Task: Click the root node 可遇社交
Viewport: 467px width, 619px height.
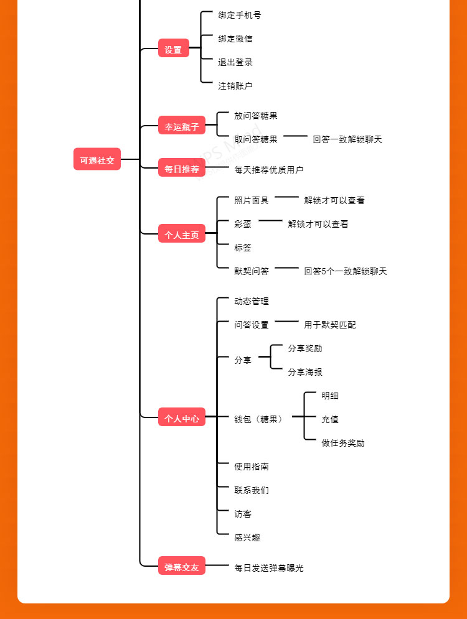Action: pyautogui.click(x=97, y=159)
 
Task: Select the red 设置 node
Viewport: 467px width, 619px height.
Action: pyautogui.click(x=173, y=49)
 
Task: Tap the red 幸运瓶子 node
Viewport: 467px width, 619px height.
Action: pyautogui.click(x=181, y=126)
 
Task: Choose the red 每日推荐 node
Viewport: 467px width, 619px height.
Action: pyautogui.click(x=181, y=168)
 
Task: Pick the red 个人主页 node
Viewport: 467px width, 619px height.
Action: pyautogui.click(x=181, y=234)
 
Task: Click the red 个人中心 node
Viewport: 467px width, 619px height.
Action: pyautogui.click(x=181, y=418)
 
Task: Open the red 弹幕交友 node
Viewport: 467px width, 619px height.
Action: pyautogui.click(x=181, y=566)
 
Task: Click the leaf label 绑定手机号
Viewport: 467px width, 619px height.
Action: pyautogui.click(x=240, y=15)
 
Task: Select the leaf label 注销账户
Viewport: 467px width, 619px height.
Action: pyautogui.click(x=235, y=86)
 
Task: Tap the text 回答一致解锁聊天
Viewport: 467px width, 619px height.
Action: pyautogui.click(x=347, y=139)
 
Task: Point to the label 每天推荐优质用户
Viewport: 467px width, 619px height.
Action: pyautogui.click(x=269, y=169)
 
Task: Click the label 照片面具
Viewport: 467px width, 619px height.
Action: pyautogui.click(x=252, y=200)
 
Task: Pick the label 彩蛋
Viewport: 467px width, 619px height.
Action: pyautogui.click(x=243, y=224)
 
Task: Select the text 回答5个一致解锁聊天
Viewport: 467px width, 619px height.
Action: pyautogui.click(x=346, y=271)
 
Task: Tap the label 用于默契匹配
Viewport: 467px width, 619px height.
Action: pyautogui.click(x=330, y=325)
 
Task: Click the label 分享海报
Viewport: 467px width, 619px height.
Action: pyautogui.click(x=305, y=372)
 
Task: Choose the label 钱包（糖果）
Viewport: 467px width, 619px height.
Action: pyautogui.click(x=260, y=419)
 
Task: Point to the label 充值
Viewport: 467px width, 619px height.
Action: pyautogui.click(x=330, y=419)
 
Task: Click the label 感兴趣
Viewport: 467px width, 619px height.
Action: pyautogui.click(x=247, y=538)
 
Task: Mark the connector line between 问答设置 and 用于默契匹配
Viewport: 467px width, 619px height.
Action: pyautogui.click(x=287, y=322)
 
